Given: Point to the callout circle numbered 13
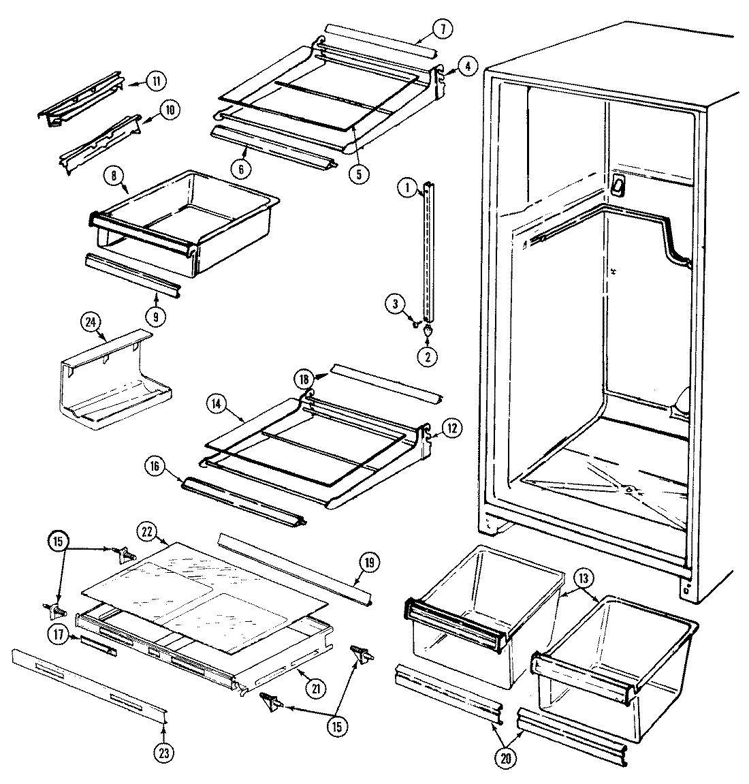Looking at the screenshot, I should [586, 578].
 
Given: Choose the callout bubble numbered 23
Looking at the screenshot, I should [164, 753].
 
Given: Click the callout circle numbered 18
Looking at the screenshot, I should [304, 379].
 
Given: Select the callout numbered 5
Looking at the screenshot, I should [359, 173].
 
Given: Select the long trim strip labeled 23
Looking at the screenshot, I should [89, 681].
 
